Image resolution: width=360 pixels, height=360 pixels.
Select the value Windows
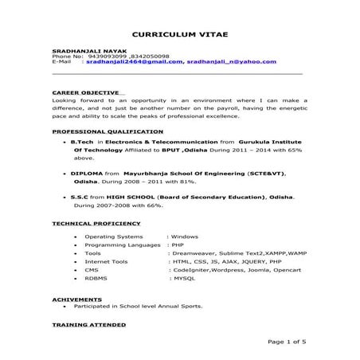point(184,237)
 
